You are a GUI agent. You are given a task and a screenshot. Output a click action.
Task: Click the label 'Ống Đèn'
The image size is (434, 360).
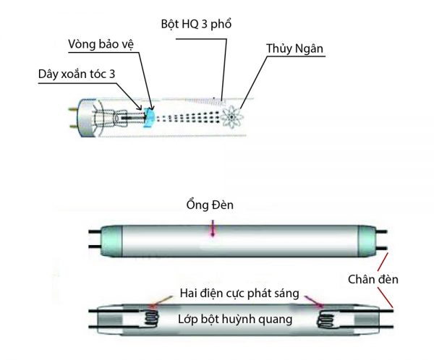tap(210, 207)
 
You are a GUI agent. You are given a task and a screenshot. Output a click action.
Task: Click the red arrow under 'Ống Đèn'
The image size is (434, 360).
tap(213, 228)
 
